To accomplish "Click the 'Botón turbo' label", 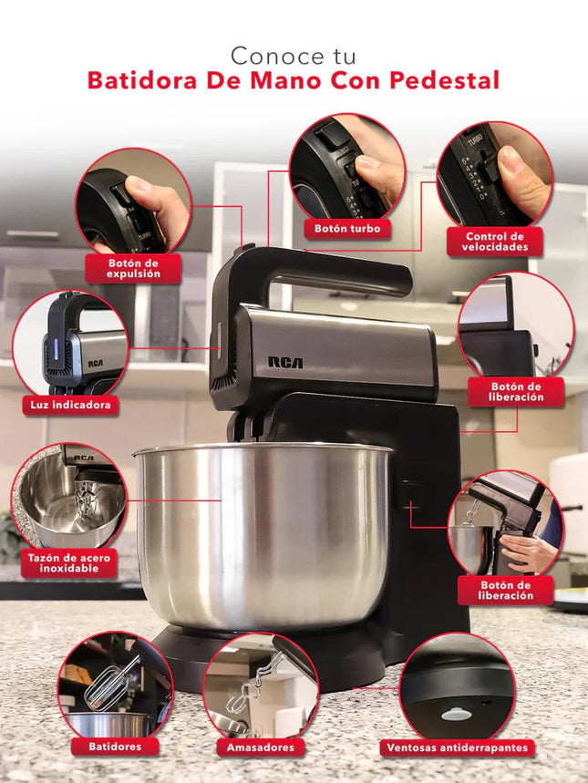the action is coord(347,229).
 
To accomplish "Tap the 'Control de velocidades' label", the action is coord(495,242).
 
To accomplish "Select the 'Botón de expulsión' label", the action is coord(133,269).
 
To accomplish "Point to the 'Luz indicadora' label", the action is coord(70,405).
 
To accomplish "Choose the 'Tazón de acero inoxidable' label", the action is coord(69,563).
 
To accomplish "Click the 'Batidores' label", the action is coord(115,747).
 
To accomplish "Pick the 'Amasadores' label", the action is coord(261,747).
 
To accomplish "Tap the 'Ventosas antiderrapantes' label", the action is coord(457,748).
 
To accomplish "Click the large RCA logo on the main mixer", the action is coord(285,362).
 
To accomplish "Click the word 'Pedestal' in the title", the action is coord(444,80).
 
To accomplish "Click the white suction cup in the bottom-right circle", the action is coord(456,714).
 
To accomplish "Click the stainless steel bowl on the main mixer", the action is coord(262,534).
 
